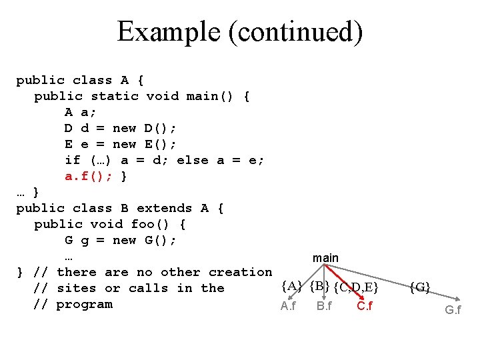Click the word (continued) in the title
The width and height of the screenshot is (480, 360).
tap(295, 31)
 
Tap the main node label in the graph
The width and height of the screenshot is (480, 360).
tap(325, 257)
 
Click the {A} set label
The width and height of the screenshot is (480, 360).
tap(292, 287)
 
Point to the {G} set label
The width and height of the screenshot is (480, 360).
tap(420, 287)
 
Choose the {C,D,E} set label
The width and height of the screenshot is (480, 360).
tap(357, 287)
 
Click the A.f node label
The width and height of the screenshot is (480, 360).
tap(289, 306)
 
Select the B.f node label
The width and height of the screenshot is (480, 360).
tap(325, 306)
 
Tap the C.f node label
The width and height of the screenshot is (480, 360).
tap(365, 306)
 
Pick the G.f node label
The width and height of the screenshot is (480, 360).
tap(453, 310)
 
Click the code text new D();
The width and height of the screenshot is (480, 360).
tap(143, 128)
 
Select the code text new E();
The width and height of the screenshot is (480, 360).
tap(143, 144)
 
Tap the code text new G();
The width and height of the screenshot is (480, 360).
tap(143, 240)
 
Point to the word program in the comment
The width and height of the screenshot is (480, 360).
tap(85, 304)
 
